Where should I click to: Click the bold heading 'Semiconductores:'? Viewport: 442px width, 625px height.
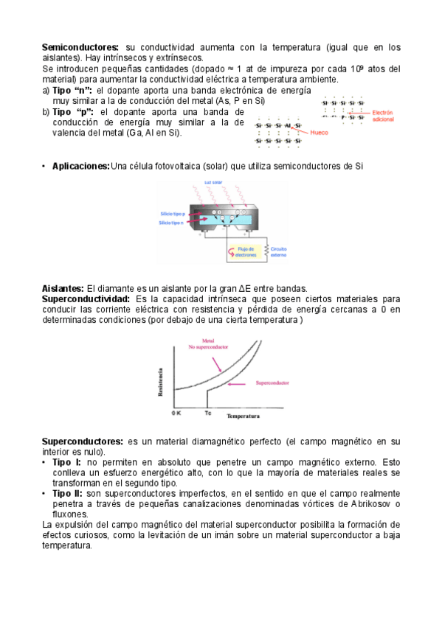click(x=80, y=47)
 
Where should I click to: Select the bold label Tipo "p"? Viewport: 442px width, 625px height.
click(x=72, y=111)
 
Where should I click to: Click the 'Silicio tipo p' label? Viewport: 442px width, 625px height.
click(x=172, y=212)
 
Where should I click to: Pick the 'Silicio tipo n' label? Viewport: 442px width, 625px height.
click(x=172, y=222)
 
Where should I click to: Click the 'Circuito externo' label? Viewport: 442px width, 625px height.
click(x=280, y=252)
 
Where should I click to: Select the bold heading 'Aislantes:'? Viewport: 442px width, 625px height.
click(x=63, y=288)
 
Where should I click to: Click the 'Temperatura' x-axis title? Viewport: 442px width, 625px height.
click(x=243, y=416)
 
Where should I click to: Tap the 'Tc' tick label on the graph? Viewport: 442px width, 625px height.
click(x=207, y=413)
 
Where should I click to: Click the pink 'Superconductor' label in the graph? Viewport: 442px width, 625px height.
click(x=272, y=383)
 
